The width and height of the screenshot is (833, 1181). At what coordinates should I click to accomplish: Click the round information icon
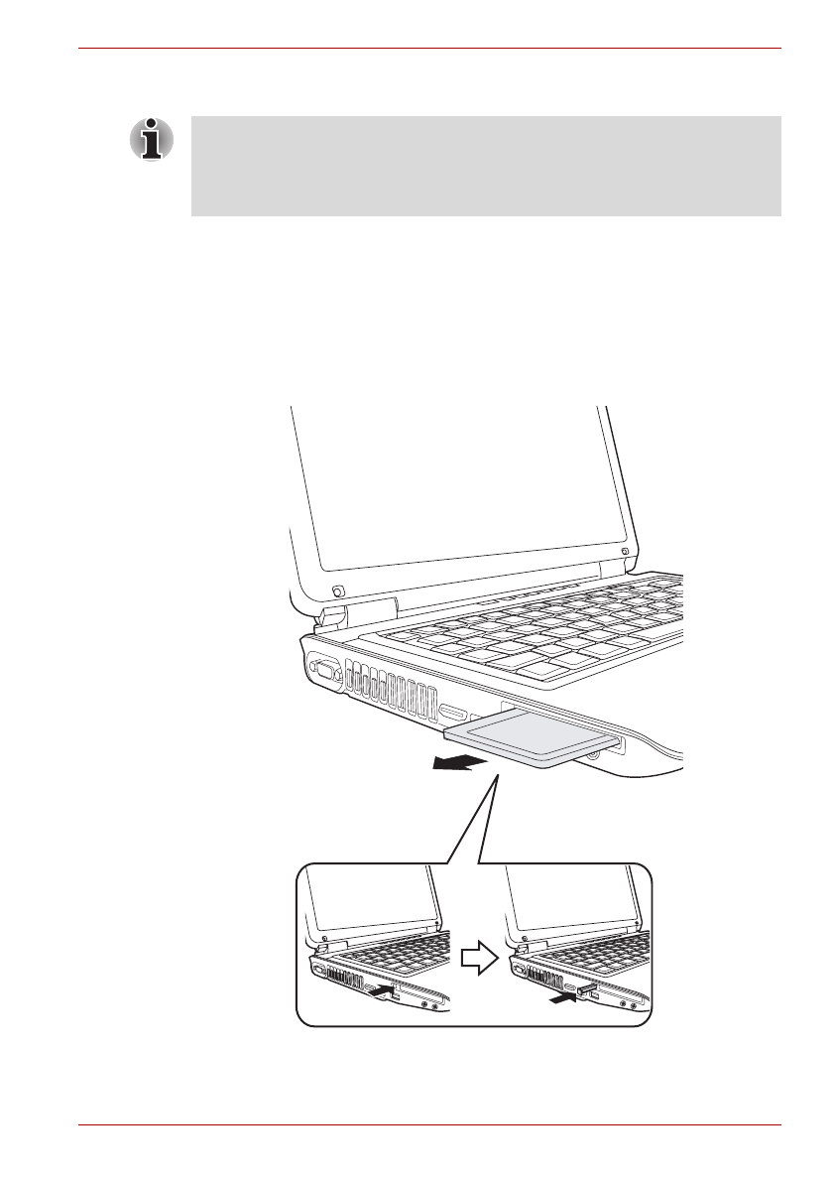[151, 139]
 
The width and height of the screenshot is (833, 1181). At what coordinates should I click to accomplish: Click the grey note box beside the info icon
[486, 166]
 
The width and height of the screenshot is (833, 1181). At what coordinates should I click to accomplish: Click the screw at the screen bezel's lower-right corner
[624, 552]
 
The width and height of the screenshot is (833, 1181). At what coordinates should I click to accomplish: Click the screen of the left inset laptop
[372, 904]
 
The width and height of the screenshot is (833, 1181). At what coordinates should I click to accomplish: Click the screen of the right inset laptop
[570, 904]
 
